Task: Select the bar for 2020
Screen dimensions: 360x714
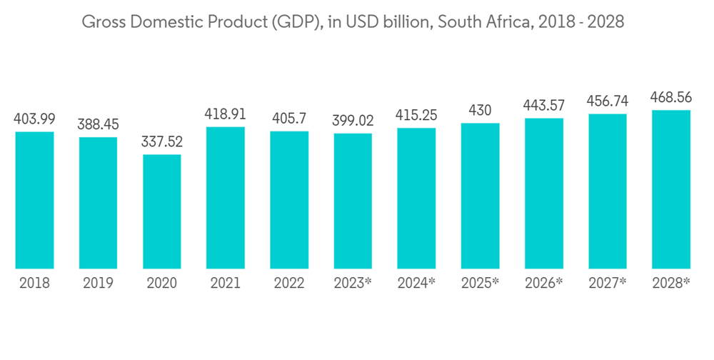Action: tap(162, 211)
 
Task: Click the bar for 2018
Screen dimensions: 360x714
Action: tap(34, 200)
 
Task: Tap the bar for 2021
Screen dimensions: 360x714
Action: tap(226, 198)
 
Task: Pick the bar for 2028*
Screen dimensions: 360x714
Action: tap(671, 189)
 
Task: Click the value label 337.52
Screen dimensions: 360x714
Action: tap(162, 142)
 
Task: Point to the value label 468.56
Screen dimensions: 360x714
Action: tap(671, 98)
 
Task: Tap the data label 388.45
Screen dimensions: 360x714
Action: tap(98, 125)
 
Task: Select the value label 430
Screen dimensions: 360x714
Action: tap(481, 111)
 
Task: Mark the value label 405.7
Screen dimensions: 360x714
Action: tap(289, 119)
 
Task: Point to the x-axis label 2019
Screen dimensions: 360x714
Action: tap(98, 283)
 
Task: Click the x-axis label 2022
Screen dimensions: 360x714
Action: tap(289, 283)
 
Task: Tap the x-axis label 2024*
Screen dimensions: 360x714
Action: tap(416, 283)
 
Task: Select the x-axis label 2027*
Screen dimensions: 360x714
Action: tap(608, 283)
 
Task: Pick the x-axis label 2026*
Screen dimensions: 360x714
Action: tap(544, 283)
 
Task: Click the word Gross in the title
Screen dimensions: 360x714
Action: tap(101, 22)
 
